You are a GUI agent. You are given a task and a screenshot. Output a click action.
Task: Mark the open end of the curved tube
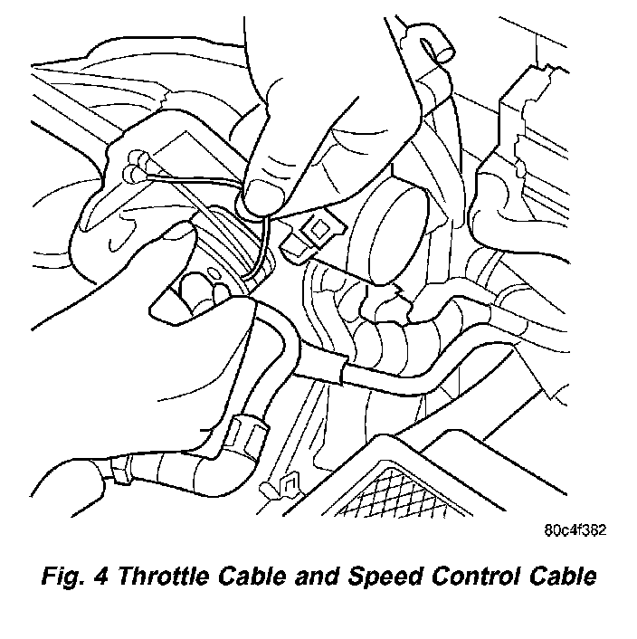tap(442, 43)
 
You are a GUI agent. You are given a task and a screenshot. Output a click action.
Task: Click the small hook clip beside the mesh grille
tap(285, 486)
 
